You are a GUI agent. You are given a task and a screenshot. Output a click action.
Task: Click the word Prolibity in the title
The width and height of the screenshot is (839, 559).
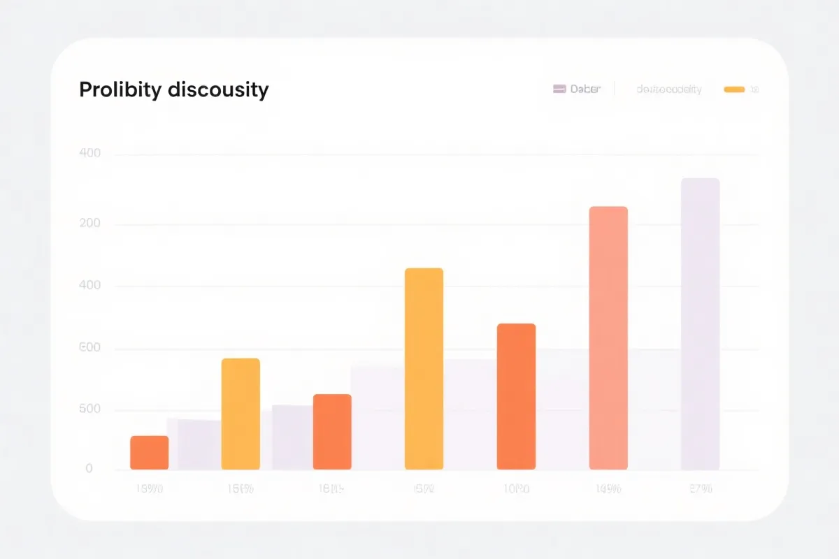120,90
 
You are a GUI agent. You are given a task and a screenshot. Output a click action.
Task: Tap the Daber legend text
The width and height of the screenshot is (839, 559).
585,89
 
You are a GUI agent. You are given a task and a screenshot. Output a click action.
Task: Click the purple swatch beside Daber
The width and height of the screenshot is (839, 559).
559,89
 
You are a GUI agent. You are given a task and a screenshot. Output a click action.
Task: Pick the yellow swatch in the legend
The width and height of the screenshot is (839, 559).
734,89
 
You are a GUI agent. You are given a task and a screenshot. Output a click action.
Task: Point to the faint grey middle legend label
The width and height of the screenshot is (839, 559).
669,89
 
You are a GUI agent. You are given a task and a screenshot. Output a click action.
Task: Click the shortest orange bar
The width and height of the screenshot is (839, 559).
149,453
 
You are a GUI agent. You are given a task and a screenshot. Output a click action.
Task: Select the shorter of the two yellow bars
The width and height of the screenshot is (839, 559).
241,414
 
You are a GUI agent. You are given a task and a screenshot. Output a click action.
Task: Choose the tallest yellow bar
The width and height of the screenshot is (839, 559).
424,369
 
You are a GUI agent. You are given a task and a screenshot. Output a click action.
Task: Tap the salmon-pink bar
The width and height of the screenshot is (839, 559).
608,338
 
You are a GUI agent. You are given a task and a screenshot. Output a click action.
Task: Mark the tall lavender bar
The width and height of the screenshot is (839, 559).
700,324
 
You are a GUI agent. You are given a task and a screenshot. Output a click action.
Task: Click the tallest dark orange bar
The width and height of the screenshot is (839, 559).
516,396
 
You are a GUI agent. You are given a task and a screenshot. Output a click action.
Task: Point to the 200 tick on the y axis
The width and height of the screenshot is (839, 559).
90,224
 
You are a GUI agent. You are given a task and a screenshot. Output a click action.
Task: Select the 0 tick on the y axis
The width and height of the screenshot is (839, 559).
89,469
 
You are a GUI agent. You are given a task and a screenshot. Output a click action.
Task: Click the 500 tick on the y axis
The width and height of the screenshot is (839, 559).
90,410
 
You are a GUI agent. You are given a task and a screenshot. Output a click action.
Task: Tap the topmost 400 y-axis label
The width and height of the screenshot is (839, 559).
90,154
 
